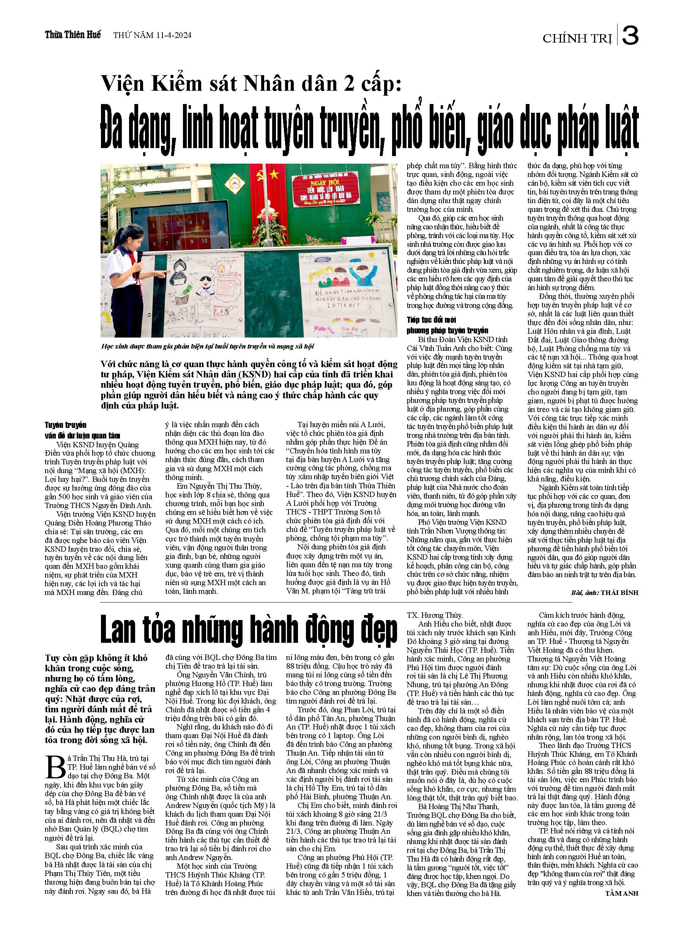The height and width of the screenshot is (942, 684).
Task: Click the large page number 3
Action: coord(630,37)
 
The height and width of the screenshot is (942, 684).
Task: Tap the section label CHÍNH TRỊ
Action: coord(577,39)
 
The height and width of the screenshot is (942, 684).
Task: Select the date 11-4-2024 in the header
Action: coord(173,35)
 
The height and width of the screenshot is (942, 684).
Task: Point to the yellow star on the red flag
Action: coord(274,174)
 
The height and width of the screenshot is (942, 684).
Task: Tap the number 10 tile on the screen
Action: coord(204,241)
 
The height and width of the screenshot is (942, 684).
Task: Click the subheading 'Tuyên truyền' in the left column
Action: coord(65,425)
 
